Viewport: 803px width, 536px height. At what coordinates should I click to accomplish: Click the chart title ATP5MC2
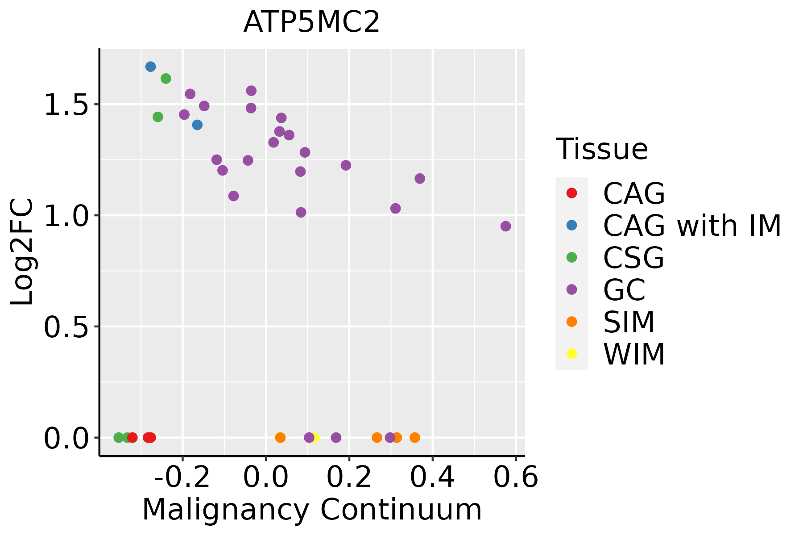[311, 22]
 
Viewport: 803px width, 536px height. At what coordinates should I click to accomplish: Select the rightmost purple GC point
[505, 226]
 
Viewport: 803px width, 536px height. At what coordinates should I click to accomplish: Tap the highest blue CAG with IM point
[151, 67]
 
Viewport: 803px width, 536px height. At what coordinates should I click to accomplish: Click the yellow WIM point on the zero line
[315, 437]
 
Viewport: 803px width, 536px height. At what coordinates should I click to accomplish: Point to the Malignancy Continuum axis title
[312, 510]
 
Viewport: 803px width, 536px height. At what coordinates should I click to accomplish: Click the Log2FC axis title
[22, 252]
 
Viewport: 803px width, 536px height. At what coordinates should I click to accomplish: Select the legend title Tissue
[602, 149]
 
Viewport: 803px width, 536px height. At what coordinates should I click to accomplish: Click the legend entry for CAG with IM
[692, 226]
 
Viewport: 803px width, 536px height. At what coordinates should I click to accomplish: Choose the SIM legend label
[629, 322]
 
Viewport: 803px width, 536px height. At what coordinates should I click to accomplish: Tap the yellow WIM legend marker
[571, 354]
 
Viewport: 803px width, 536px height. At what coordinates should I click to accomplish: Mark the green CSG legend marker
[571, 257]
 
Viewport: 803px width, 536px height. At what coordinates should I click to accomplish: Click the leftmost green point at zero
[119, 437]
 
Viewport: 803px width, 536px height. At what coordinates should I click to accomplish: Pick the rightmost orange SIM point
[415, 437]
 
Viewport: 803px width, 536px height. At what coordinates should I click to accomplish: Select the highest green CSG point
[166, 79]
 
